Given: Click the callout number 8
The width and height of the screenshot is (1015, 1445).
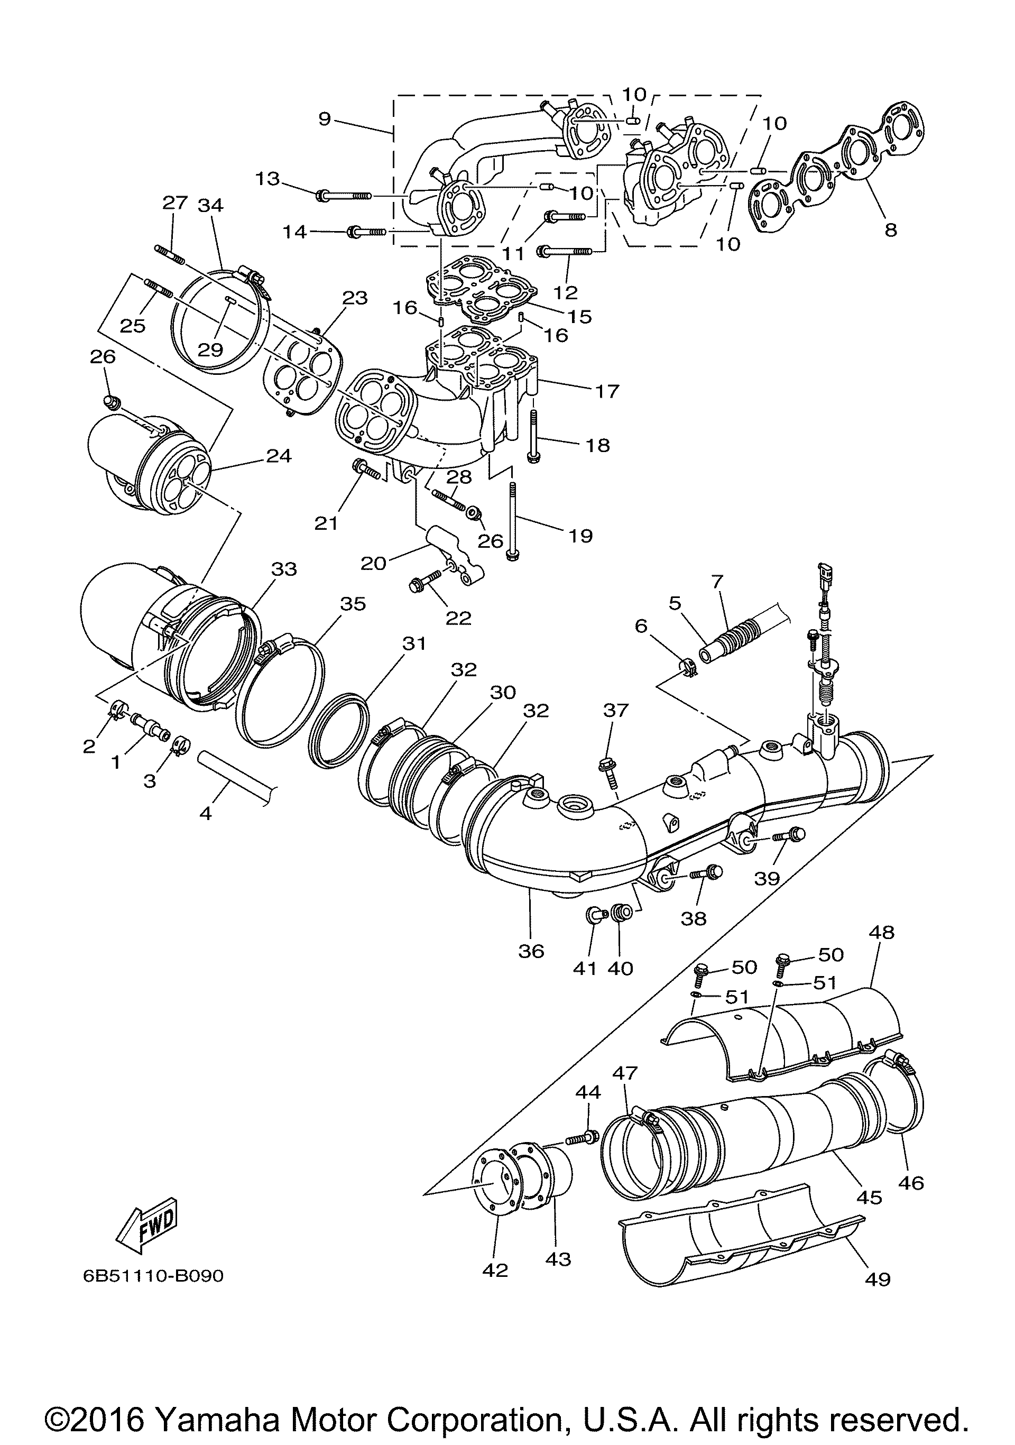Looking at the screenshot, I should coord(890,229).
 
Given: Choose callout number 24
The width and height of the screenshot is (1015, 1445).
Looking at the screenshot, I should coord(279,455).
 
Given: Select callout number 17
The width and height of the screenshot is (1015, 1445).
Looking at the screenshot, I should coord(607,391).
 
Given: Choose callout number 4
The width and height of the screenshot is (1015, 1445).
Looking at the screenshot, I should coord(205,813).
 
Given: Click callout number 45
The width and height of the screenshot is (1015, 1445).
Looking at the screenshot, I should coord(870,1197).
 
